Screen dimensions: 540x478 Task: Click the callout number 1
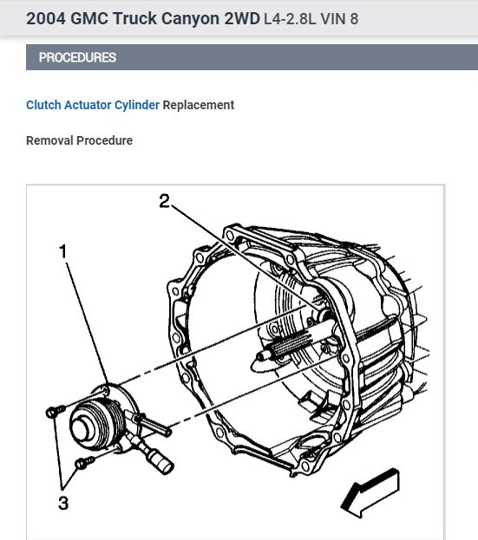coord(63,251)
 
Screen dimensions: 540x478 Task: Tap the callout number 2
coord(164,201)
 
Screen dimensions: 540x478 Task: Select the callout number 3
coord(63,503)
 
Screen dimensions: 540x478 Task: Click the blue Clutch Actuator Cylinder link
coord(93,105)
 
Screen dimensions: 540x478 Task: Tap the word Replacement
coord(199,105)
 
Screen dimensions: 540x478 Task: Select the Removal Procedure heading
coord(79,140)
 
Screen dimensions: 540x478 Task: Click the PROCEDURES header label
coord(77,58)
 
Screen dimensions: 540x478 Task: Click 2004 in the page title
coord(45,18)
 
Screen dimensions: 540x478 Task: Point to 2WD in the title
coord(238,18)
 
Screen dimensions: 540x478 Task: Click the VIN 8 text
coord(341,18)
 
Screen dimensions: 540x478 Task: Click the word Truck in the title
coord(134,18)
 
